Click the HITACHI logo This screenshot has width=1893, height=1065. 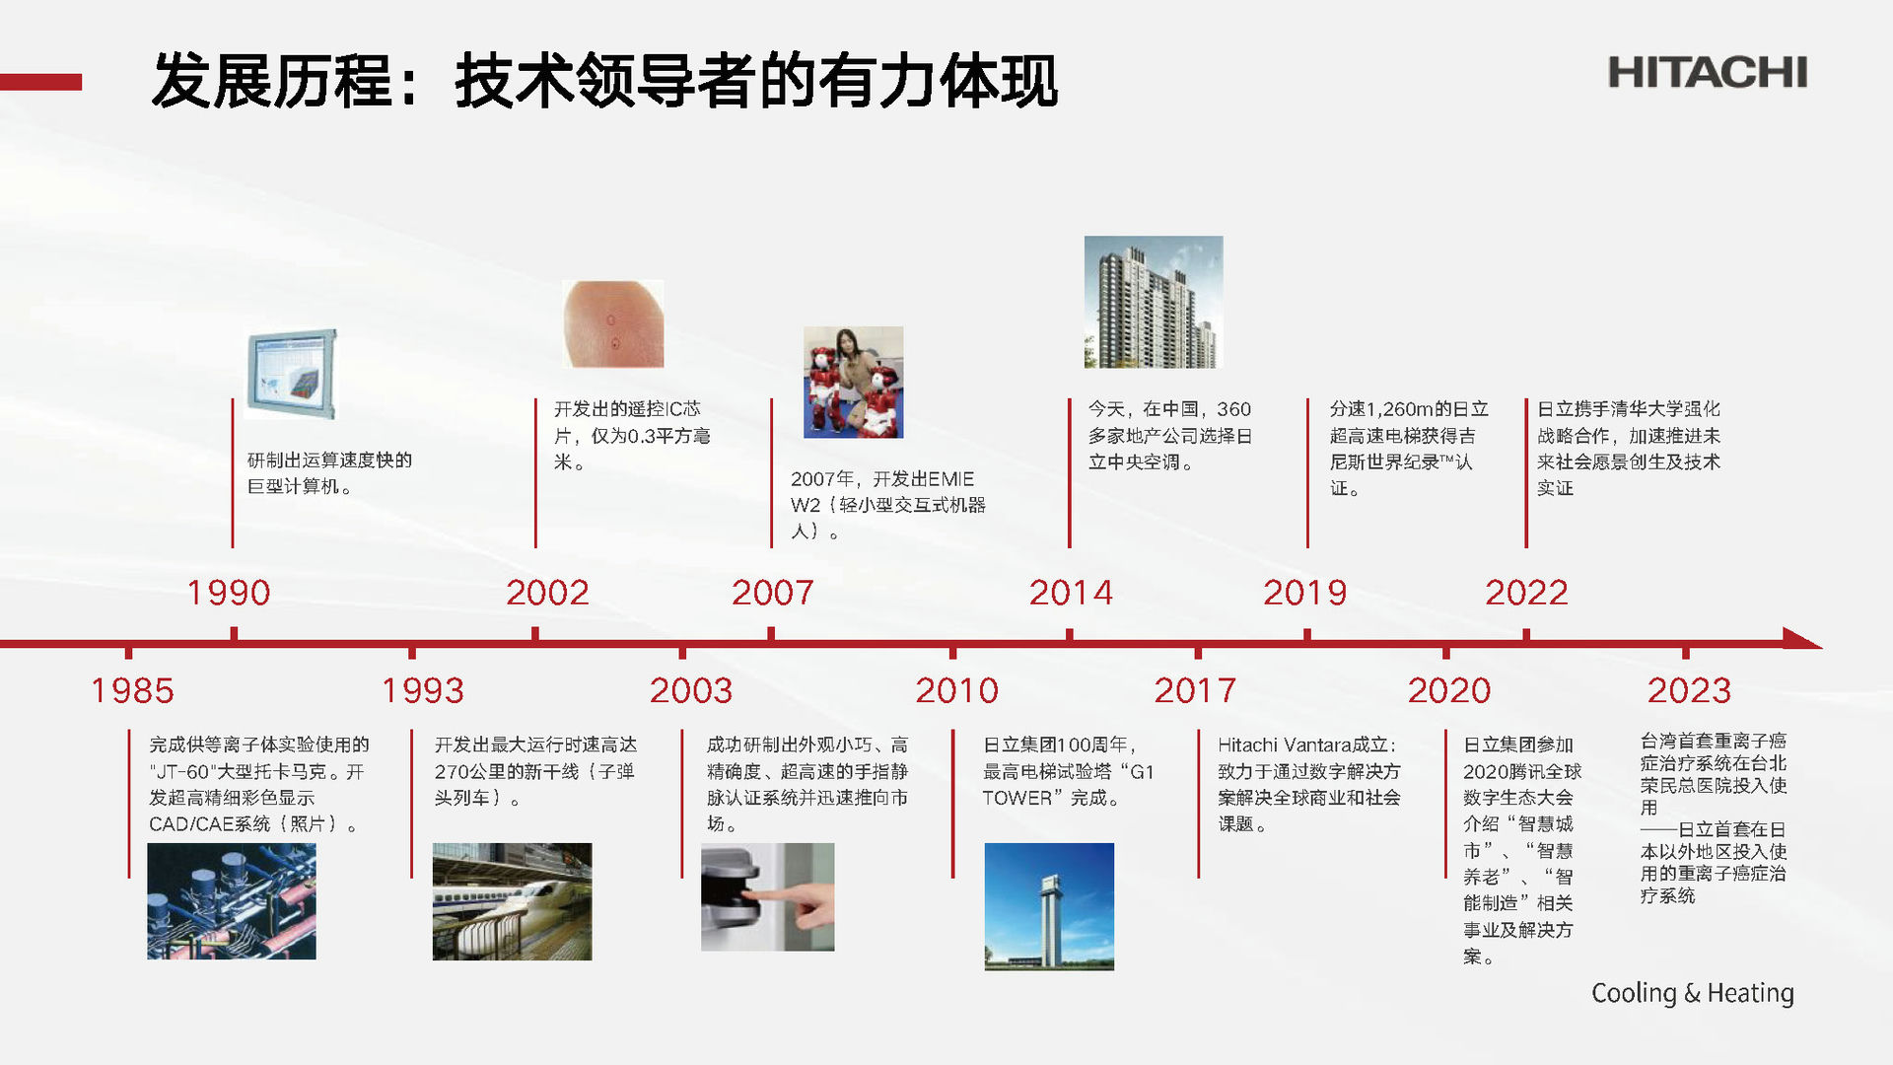click(x=1708, y=72)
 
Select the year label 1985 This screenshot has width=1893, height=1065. click(x=132, y=690)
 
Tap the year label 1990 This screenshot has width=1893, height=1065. click(x=229, y=593)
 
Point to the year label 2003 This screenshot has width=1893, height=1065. click(x=691, y=690)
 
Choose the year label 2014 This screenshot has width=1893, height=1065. click(x=1071, y=593)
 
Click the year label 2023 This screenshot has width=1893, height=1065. click(x=1689, y=690)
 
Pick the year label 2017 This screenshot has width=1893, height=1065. click(x=1195, y=690)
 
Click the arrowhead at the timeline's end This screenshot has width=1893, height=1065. click(x=1802, y=639)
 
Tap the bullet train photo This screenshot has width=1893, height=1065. click(x=512, y=901)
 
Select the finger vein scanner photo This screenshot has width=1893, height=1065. click(x=767, y=896)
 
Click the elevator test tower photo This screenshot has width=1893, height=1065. click(x=1049, y=906)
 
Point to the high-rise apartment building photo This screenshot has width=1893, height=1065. click(x=1154, y=302)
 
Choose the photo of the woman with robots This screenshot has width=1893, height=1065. click(x=853, y=383)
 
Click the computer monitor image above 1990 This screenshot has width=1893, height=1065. click(x=291, y=375)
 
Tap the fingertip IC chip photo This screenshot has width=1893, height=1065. click(x=613, y=323)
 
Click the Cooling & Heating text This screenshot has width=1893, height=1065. click(x=1693, y=993)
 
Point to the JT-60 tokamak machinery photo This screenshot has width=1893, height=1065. click(x=232, y=901)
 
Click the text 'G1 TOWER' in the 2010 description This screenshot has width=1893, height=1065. click(x=1068, y=785)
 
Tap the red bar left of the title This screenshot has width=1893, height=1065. click(x=40, y=82)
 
